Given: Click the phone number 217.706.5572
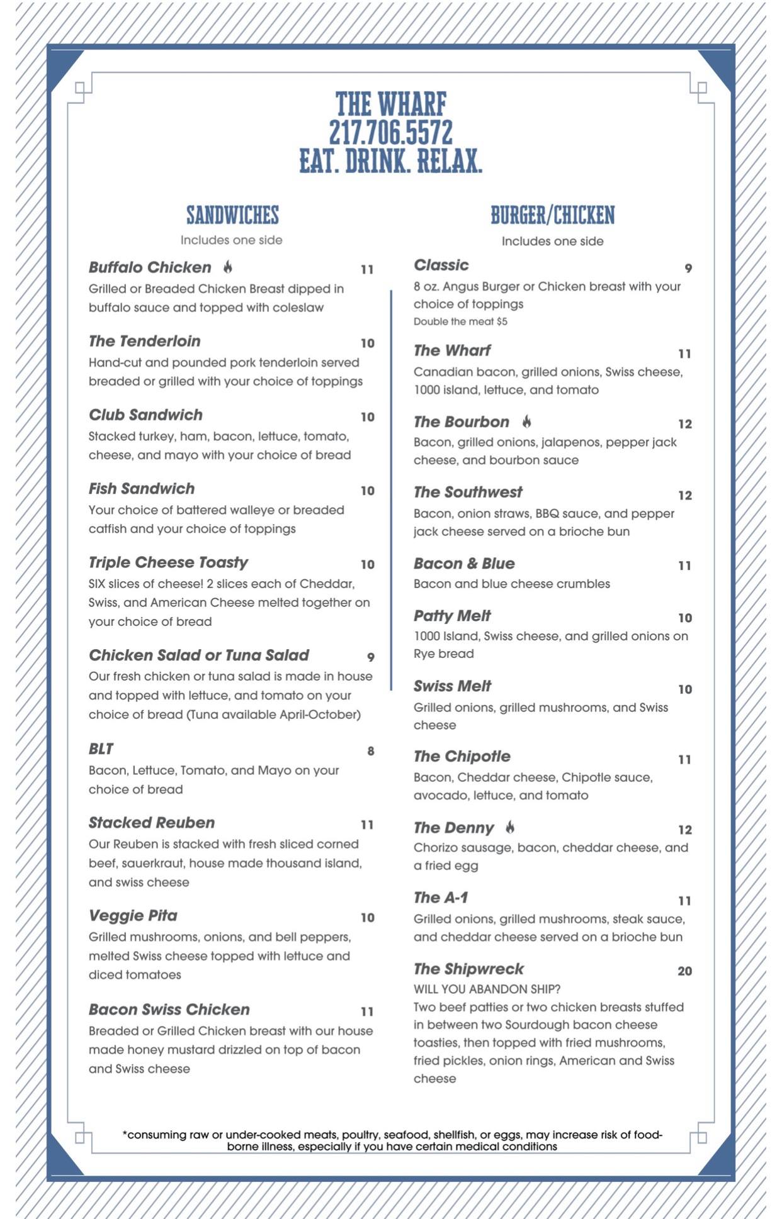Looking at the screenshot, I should coord(390,132).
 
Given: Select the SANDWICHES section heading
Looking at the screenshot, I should coord(232,215).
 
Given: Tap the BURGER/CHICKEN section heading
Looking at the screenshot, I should coord(552,215).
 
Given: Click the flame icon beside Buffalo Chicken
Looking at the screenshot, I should coord(228,267).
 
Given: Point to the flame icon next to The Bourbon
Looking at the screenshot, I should coord(526,421).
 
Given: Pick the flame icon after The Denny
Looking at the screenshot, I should coord(510,827).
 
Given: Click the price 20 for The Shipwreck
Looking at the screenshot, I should coord(684,971).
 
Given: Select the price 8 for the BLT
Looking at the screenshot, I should coord(371,751).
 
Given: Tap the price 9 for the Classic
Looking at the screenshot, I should coord(688,269).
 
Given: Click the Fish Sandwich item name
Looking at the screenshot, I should coord(142,489).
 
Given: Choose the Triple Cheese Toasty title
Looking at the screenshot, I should coord(168,562).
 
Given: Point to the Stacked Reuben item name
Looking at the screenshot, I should coord(152,823).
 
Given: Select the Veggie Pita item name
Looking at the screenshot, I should coord(133,915).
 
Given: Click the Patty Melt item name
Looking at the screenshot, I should coord(452,616).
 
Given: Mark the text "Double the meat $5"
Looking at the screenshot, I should coord(460,321).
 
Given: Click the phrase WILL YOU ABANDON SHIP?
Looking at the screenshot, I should coord(487,989).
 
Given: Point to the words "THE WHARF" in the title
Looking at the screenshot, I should coord(390,104).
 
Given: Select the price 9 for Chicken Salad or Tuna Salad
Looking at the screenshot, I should coord(371,657).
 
